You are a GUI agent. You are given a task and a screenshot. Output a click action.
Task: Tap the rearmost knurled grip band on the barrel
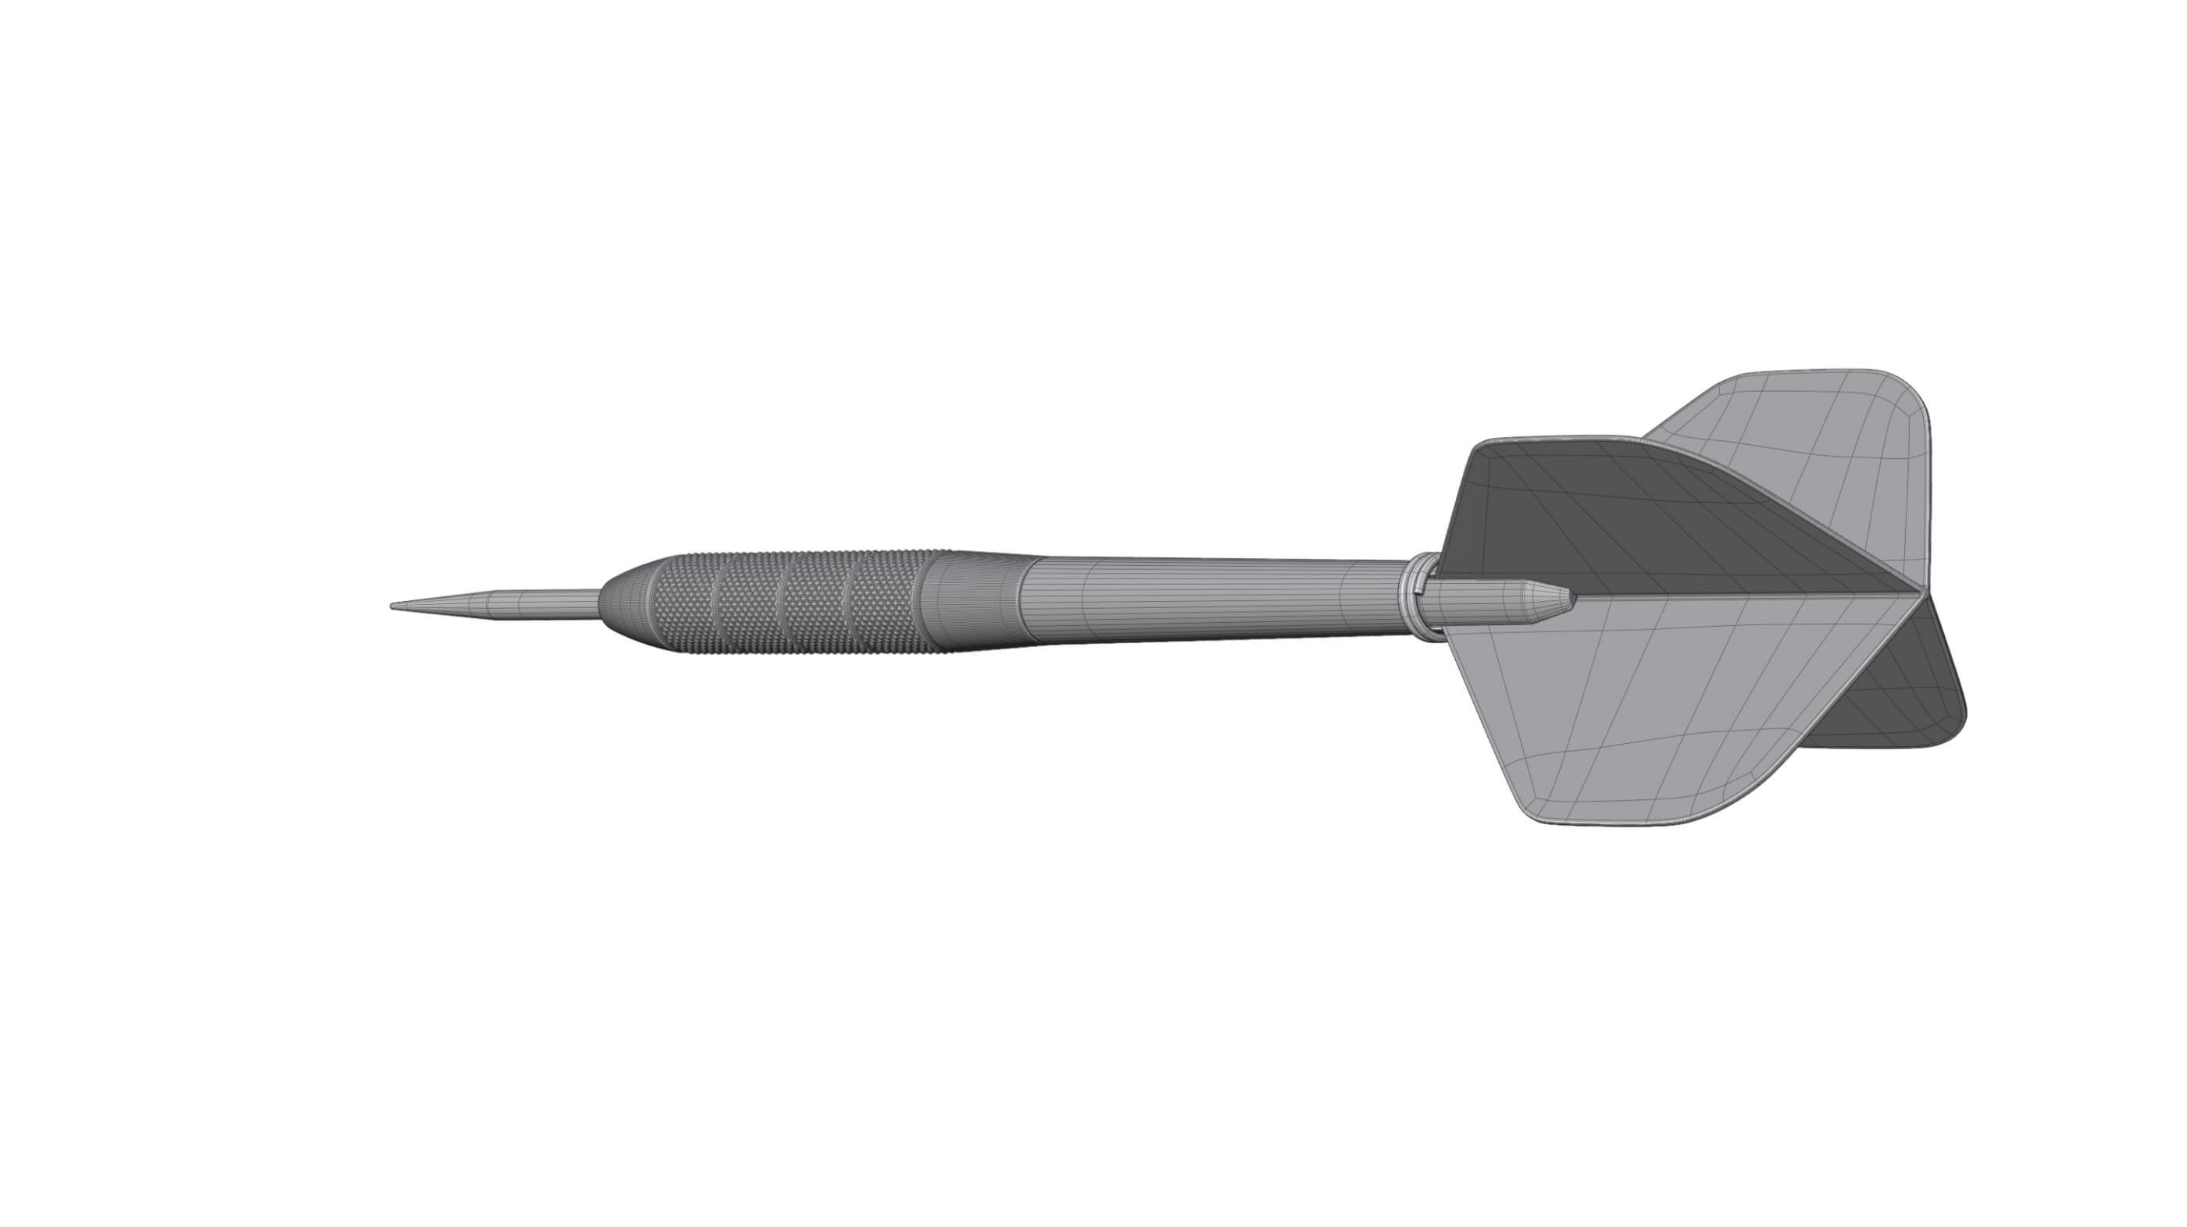tap(887, 601)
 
